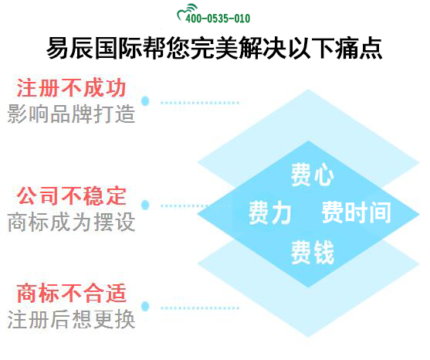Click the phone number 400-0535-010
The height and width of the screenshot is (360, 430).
point(222,18)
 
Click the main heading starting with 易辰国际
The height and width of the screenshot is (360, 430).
point(214,48)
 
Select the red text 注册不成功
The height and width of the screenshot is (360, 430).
point(71,87)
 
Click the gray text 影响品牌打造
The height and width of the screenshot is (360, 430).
point(71,114)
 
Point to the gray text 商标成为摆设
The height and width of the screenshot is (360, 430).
point(71,222)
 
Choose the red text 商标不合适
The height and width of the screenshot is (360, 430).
point(71,294)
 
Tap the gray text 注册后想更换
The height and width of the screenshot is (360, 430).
point(71,319)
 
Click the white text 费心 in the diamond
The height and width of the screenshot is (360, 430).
point(312,175)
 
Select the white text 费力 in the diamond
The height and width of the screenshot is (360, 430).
point(269,212)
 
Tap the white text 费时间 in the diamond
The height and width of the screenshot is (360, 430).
point(356,212)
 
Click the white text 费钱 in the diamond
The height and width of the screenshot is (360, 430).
point(312,251)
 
